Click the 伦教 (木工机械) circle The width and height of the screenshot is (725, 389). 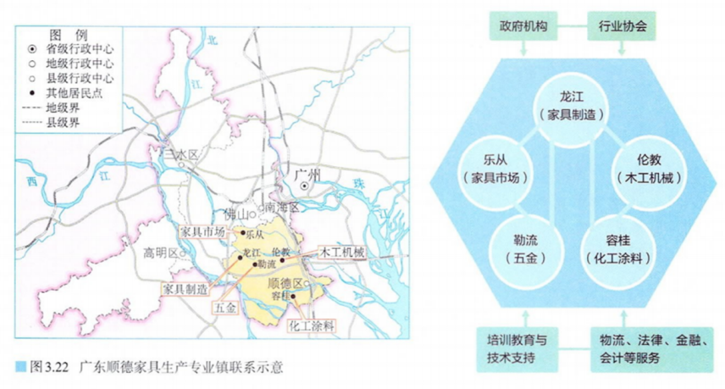pos(643,167)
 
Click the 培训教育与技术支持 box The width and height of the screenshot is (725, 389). pos(517,348)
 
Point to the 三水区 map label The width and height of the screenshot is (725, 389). pos(180,155)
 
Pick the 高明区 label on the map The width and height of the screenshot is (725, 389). pos(159,253)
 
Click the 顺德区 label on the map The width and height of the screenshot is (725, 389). pos(284,282)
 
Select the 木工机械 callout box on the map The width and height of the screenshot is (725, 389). pos(340,253)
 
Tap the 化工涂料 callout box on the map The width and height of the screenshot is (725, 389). pos(312,325)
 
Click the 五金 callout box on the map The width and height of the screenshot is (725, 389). pos(224,308)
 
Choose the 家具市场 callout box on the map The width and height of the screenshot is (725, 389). pos(203,232)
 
